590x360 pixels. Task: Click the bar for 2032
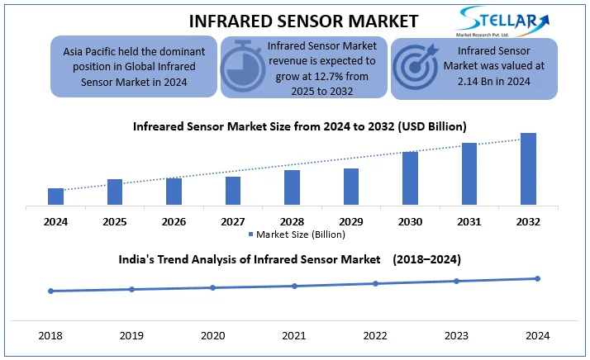[x=528, y=168]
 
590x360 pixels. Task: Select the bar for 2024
[x=55, y=197]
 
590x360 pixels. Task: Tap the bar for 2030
[x=410, y=178]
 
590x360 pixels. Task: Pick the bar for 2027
[x=233, y=191]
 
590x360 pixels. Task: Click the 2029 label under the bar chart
[x=351, y=221]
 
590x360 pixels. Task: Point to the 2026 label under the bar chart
[x=174, y=221]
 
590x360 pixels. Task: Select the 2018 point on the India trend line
[x=50, y=291]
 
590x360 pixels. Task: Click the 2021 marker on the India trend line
[x=294, y=286]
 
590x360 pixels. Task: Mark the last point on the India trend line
[x=538, y=278]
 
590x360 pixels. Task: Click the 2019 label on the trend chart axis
[x=132, y=336]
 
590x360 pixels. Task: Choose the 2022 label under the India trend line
[x=375, y=336]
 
